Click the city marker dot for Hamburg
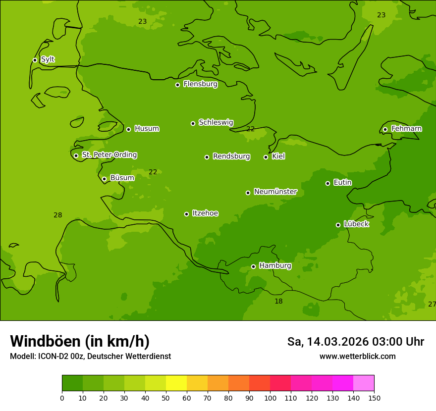253,266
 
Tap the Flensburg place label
200,84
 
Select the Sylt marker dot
35,60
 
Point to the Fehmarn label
406,129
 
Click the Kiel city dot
266,157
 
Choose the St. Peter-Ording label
109,155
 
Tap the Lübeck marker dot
338,225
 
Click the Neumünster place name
275,192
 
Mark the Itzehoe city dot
186,214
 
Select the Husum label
147,129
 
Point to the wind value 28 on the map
58,215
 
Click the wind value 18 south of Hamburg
278,302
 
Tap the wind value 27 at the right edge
432,304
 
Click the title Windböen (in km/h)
80,341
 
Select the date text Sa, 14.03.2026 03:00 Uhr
355,342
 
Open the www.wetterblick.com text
357,356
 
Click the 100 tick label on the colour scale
270,398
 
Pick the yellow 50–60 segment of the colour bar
176,383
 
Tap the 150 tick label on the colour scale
374,398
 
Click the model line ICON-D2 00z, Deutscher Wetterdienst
90,356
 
